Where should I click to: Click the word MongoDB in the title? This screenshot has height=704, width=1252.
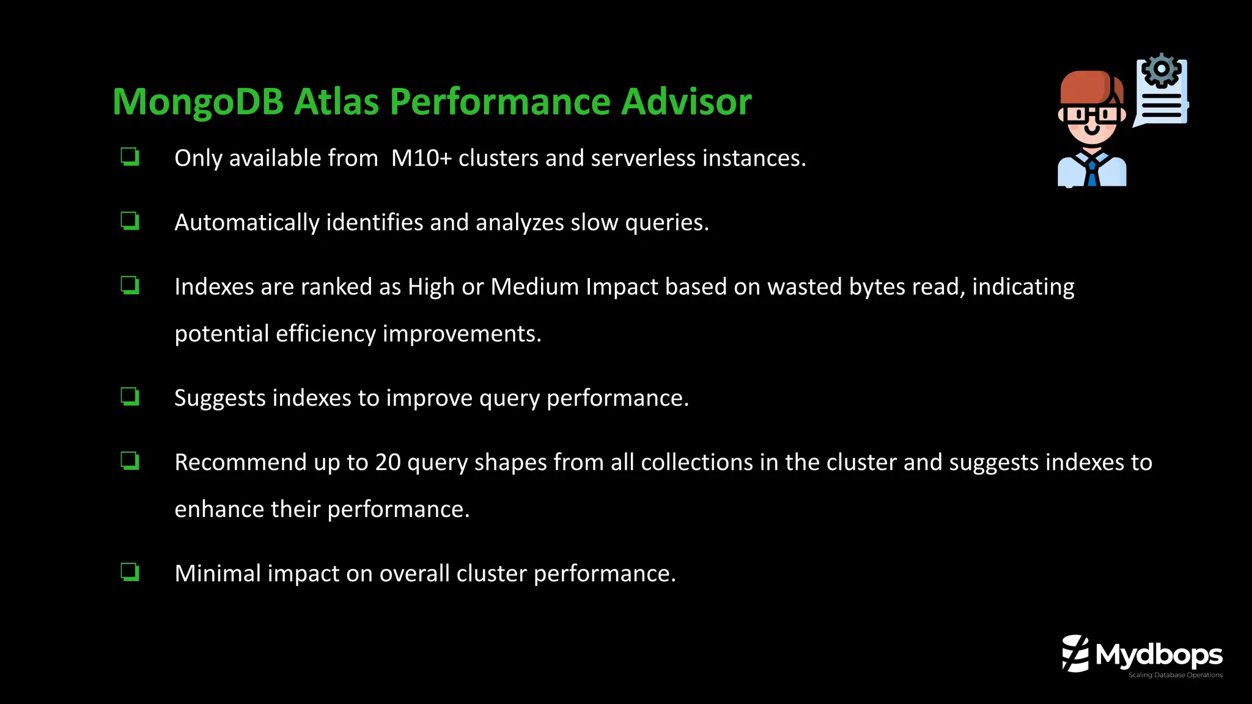(197, 101)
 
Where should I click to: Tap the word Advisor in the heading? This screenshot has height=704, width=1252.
(686, 101)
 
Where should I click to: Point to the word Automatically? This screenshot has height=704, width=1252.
(246, 222)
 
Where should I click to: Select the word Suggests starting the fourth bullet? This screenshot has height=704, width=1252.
(219, 398)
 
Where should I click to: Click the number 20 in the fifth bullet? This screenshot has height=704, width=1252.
(388, 463)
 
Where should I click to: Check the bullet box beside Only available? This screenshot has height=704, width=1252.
(130, 157)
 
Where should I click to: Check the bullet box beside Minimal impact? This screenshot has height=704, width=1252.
(130, 573)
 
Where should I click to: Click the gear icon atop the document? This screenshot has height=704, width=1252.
(1161, 70)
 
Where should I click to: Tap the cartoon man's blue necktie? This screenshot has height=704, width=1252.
(1092, 172)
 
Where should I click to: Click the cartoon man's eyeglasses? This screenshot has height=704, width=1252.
(1091, 114)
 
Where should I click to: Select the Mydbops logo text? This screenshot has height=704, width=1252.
(1158, 655)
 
